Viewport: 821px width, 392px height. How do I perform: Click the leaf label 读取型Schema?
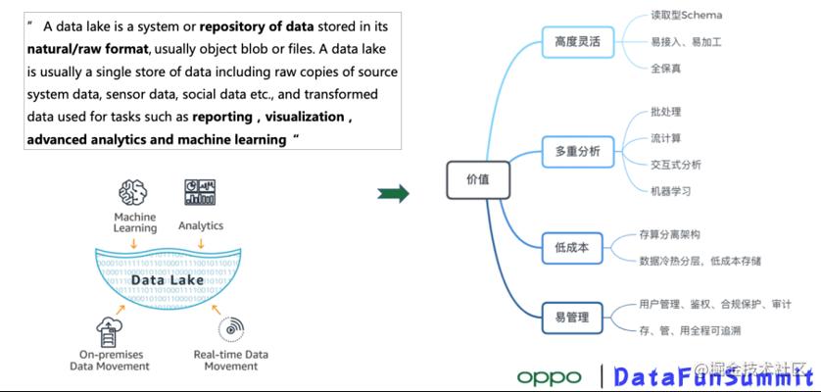[x=686, y=16]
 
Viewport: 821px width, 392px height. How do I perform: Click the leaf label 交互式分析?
[x=675, y=165]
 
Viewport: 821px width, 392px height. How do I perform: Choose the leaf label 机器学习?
[x=670, y=191]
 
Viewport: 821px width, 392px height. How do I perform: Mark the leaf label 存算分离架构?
[x=669, y=235]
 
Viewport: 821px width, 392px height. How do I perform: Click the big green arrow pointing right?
[x=393, y=193]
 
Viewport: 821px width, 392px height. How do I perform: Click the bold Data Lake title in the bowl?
[x=168, y=280]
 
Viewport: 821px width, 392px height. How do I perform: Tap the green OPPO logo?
[x=549, y=376]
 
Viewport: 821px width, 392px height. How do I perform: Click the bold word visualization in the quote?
[x=304, y=117]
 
